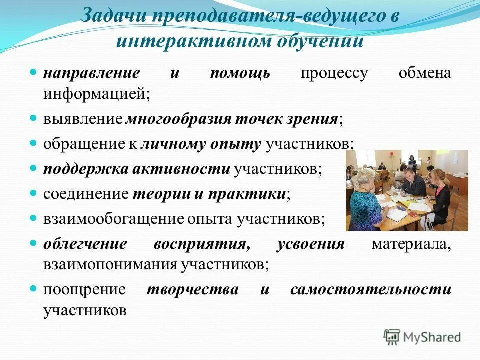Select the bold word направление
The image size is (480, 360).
91,73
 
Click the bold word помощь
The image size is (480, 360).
240,73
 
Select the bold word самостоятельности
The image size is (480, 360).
370,290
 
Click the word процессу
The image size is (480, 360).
334,73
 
